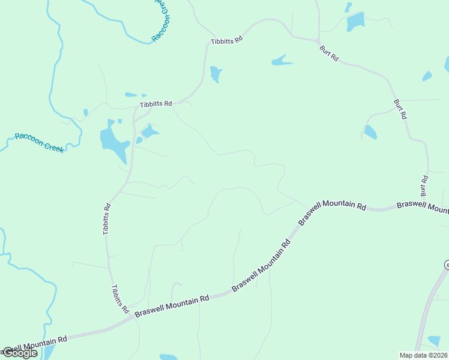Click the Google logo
click(x=20, y=353)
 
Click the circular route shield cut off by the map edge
click(x=447, y=265)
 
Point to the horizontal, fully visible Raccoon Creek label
click(x=39, y=142)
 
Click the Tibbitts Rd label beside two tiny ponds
click(x=156, y=104)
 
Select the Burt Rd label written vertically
click(x=424, y=186)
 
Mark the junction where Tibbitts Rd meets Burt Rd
click(x=316, y=41)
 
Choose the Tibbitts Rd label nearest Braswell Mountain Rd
click(x=120, y=298)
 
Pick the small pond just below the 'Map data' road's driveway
click(x=433, y=341)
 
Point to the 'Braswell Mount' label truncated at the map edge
click(x=423, y=206)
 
